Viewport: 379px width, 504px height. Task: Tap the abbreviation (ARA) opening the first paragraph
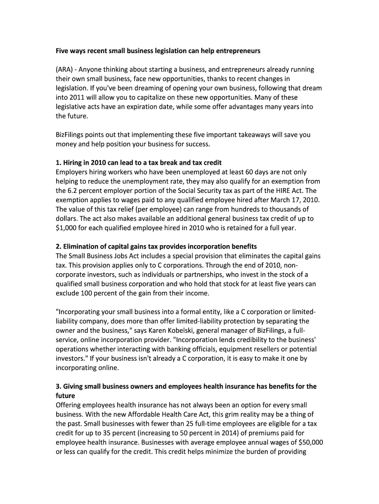(x=64, y=69)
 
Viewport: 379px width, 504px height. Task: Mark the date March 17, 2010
(x=291, y=200)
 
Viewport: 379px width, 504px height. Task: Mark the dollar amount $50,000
(x=312, y=442)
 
